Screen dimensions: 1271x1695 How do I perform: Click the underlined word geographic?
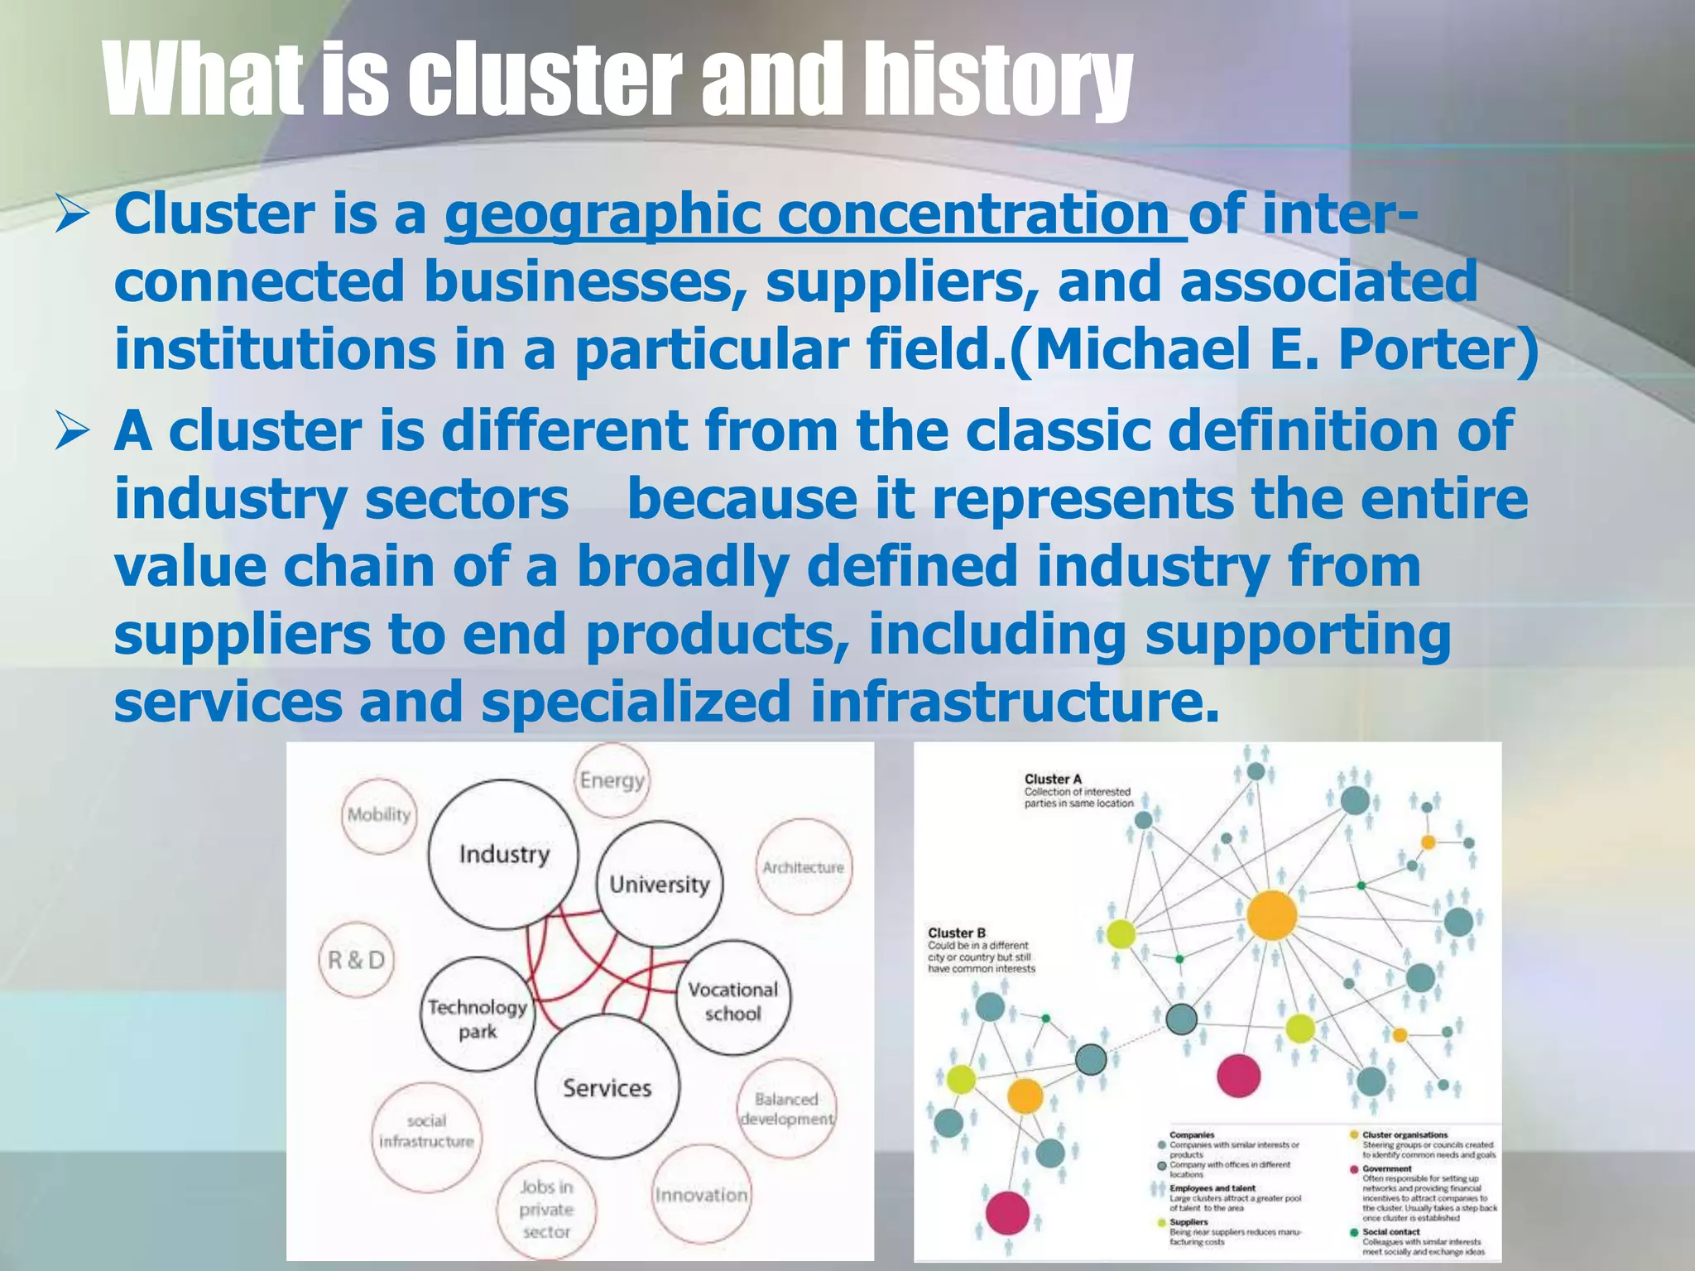pos(603,214)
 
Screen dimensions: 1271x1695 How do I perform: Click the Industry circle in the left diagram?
pos(504,854)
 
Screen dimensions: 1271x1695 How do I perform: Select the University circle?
pos(660,884)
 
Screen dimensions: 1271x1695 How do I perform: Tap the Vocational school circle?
pos(733,1000)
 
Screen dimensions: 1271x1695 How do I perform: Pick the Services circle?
pos(607,1087)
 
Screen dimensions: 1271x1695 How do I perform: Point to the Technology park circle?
pos(478,1017)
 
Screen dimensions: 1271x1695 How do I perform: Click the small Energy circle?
pos(612,780)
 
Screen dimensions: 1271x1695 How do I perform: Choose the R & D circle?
pos(357,960)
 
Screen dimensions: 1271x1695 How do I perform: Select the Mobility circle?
pos(378,815)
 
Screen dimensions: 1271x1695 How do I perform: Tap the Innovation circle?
pos(701,1194)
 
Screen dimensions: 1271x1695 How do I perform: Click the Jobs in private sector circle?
pos(546,1209)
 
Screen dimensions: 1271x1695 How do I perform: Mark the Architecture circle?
pos(803,867)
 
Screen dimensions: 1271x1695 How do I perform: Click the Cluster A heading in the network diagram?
pos(1053,779)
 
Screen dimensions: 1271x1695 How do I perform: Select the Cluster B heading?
pos(957,933)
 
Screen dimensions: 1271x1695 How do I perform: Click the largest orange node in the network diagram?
pos(1271,915)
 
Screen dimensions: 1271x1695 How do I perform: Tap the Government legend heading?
pos(1386,1169)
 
